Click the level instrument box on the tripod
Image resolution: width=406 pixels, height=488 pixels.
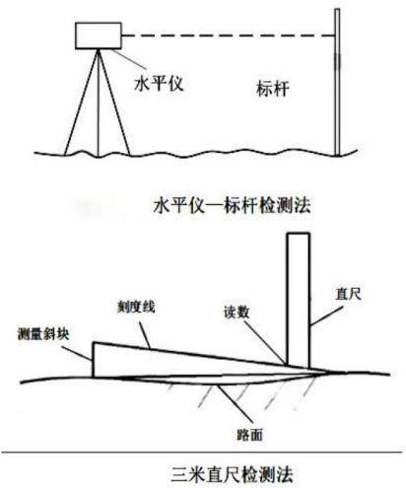click(99, 35)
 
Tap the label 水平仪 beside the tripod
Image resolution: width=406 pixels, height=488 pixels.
click(159, 83)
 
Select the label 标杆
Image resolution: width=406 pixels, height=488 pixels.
click(273, 89)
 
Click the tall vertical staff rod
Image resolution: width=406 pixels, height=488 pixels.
click(337, 82)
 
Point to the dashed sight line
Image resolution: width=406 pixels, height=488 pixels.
click(228, 35)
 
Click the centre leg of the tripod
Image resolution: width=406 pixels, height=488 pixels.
click(98, 103)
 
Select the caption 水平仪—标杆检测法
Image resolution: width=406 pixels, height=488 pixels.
click(232, 206)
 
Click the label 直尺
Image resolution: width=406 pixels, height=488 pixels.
click(348, 294)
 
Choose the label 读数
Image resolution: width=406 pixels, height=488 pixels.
click(237, 312)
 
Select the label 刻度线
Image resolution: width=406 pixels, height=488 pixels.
click(136, 307)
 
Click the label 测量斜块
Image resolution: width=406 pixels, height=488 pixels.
click(43, 334)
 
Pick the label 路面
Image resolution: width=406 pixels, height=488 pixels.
click(249, 435)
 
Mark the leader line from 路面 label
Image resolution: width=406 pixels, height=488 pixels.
click(236, 404)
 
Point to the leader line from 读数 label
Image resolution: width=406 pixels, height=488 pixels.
click(265, 343)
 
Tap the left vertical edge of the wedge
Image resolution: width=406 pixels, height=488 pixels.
click(94, 360)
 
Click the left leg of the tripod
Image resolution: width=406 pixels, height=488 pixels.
click(81, 103)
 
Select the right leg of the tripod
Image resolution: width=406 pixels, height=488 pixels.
click(114, 103)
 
